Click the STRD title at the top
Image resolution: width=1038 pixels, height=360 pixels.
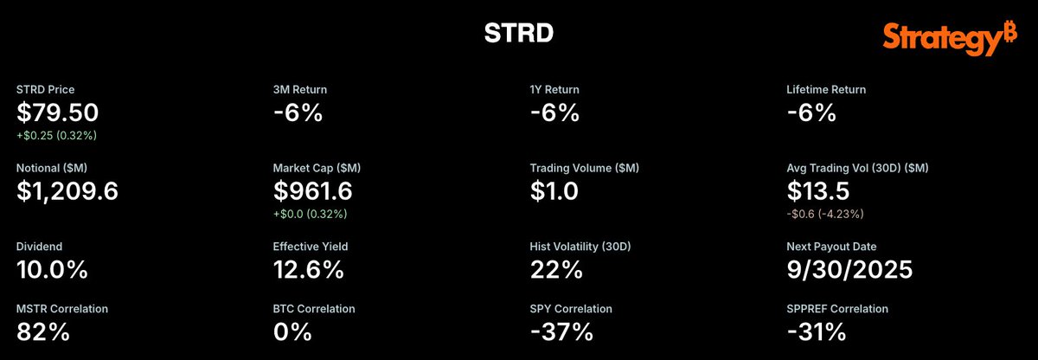point(519,33)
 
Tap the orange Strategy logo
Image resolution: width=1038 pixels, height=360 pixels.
point(950,39)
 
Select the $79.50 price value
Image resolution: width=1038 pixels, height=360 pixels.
point(57,112)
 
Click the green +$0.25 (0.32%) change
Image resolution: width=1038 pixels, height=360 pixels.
point(56,135)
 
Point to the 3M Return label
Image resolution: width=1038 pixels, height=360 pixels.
point(300,89)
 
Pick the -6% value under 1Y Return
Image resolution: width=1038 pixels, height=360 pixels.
point(554,112)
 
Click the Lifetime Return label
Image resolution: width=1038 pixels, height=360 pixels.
point(826,89)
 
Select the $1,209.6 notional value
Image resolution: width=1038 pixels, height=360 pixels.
point(67,191)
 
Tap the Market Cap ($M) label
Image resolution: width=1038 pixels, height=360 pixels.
point(317,168)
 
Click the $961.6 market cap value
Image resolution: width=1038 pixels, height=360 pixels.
point(313,191)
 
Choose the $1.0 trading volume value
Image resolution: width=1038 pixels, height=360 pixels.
point(554,191)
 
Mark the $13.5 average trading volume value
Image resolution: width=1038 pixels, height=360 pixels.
point(818,191)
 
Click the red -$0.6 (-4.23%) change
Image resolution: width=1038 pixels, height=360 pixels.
point(825,214)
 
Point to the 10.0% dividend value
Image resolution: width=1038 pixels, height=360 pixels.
point(52,269)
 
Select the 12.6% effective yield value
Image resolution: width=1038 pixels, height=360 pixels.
point(309,269)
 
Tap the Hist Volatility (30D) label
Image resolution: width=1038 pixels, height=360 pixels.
point(580,247)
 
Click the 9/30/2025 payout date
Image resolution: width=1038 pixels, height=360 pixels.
point(849,270)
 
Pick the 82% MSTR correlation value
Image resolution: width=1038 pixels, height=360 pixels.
point(43,331)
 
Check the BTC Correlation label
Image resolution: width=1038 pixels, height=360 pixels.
point(314,309)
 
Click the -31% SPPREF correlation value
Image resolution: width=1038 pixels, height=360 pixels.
point(817,331)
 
